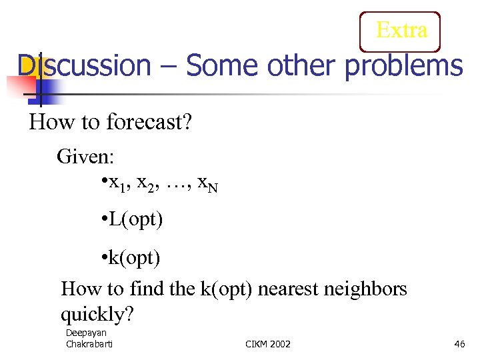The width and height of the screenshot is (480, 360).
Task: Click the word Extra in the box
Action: [x=401, y=31]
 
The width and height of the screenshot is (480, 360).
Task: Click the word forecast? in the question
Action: [x=149, y=123]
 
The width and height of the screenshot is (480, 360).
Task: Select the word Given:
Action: [x=86, y=157]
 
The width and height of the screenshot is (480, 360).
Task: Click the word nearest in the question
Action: [x=289, y=289]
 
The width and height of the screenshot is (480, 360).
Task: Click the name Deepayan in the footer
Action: [x=85, y=333]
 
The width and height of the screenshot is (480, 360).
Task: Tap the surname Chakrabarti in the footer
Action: [x=90, y=343]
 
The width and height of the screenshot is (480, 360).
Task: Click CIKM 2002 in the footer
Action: [x=268, y=343]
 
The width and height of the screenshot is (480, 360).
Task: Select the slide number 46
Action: [x=459, y=343]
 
